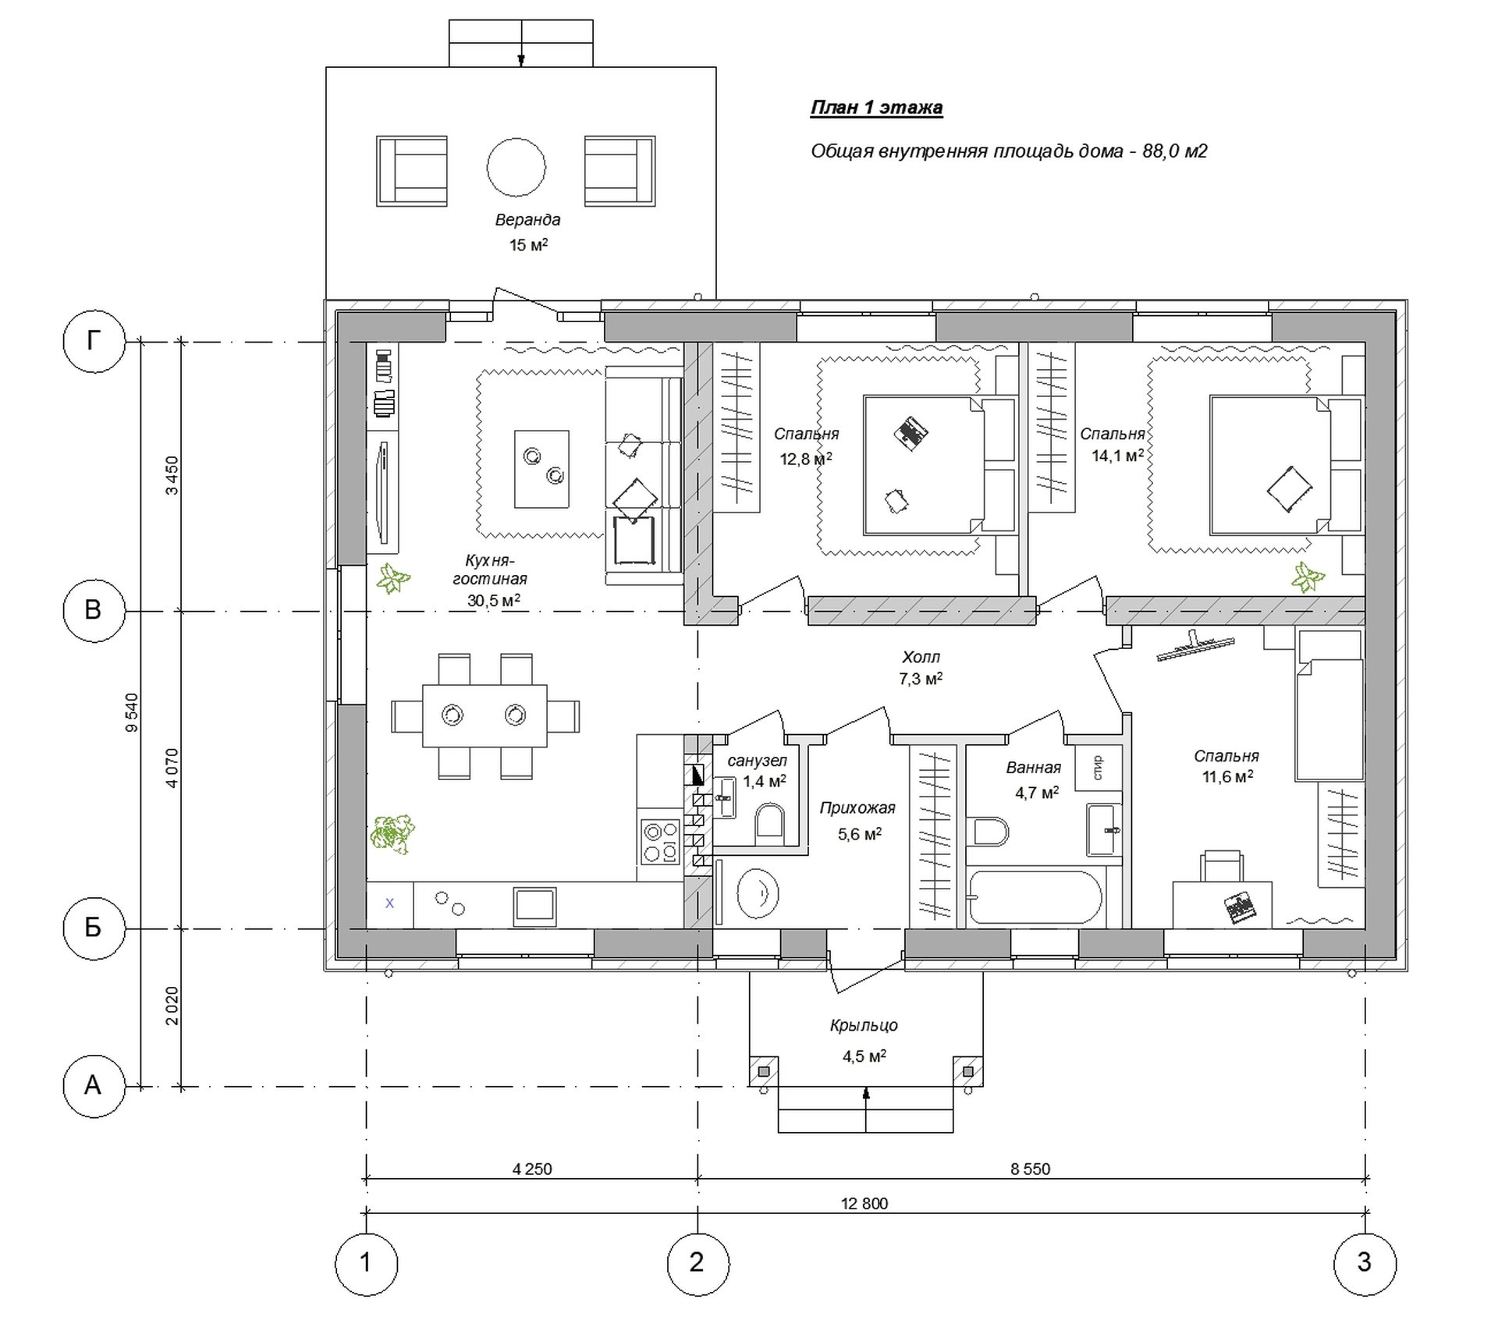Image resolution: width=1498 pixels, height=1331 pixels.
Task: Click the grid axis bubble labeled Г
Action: pos(94,341)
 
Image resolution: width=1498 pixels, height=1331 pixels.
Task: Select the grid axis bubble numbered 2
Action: pos(698,1264)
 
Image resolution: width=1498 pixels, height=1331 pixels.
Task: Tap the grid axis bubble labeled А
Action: pos(94,1086)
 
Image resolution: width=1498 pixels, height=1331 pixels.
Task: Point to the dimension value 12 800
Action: pos(864,1204)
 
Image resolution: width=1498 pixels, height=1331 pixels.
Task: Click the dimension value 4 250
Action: pos(532,1170)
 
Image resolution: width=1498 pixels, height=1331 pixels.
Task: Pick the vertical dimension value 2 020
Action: pos(172,1006)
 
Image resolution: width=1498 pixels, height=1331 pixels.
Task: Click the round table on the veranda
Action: pos(516,167)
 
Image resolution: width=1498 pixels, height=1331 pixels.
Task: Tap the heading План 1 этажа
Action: pos(876,107)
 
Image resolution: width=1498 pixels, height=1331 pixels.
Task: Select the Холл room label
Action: pos(921,657)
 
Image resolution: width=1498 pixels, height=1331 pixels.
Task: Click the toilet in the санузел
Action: pos(769,824)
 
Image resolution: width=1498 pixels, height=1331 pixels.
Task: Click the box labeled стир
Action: pos(1099,768)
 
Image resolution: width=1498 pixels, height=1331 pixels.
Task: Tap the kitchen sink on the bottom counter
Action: pos(534,906)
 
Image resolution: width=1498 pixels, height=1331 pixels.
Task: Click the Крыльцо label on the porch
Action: pos(864,1025)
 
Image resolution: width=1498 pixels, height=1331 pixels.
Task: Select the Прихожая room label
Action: pos(857,808)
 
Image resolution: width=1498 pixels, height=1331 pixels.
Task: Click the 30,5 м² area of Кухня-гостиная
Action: pos(494,600)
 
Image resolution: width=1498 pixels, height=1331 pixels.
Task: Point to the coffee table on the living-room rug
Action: pos(541,469)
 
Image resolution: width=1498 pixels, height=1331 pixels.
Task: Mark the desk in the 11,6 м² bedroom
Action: pos(1222,905)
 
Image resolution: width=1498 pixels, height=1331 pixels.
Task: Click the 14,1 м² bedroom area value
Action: pos(1117,455)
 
